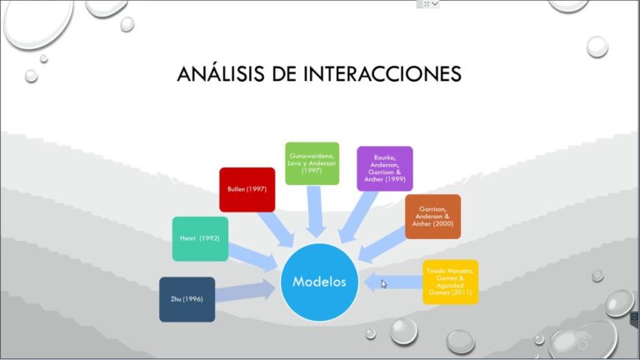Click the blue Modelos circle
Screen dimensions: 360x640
320,282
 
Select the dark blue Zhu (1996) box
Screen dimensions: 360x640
187,299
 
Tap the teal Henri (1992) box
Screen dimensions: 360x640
199,238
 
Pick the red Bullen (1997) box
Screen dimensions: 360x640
247,189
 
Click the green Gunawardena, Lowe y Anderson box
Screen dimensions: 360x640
312,162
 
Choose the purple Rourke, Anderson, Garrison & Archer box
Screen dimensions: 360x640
385,168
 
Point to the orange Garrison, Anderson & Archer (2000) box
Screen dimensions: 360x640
432,216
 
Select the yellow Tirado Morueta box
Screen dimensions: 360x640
450,282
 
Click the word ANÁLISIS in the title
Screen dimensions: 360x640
218,74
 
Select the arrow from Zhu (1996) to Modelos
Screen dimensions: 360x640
245,291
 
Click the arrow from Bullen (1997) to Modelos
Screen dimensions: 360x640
275,226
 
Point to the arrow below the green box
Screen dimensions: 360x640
316,209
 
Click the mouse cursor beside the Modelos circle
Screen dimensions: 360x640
384,284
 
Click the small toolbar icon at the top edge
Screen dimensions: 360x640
428,4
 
